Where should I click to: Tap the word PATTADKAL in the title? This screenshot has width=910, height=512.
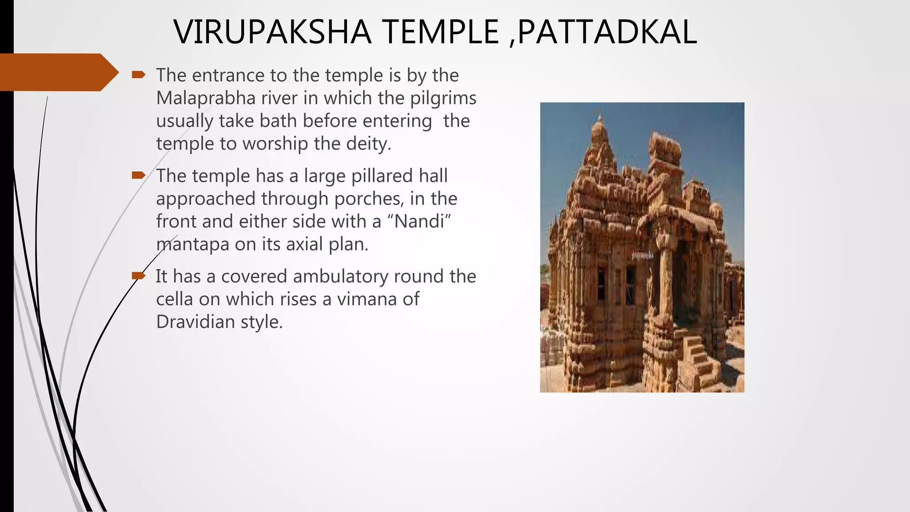[x=607, y=32]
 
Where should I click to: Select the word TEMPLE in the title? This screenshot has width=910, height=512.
[x=440, y=32]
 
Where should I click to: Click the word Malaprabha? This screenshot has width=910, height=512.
[x=206, y=98]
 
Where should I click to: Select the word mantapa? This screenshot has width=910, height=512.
[x=193, y=244]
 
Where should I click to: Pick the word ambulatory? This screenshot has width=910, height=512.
[x=340, y=276]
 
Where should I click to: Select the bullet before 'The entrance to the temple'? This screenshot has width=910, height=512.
[x=138, y=75]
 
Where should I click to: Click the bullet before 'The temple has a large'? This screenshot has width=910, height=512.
[x=138, y=176]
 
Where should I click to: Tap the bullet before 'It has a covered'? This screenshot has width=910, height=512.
[x=138, y=276]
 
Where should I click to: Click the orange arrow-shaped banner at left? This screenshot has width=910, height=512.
[x=58, y=72]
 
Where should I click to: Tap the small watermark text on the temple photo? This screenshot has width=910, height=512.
[x=643, y=256]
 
